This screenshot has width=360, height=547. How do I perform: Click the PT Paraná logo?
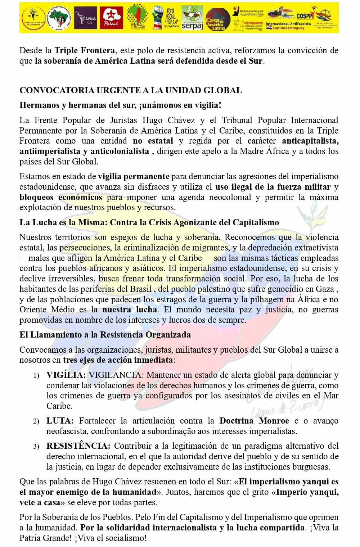pos(111,18)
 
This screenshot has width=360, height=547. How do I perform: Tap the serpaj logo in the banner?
pos(192,18)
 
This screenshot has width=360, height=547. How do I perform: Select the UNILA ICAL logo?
pos(86,18)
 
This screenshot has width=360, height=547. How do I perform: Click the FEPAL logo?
pos(138,18)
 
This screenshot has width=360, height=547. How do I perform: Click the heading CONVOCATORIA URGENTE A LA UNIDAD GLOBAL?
pos(131,90)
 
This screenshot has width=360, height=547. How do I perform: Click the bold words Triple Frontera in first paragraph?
pos(85,50)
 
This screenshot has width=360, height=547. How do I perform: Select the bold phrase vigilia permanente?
pos(134,176)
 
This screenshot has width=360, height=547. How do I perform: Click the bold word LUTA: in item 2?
pos(60,421)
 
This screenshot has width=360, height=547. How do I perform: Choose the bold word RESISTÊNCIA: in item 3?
pos(78,446)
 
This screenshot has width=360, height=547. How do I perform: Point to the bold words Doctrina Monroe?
pos(254,421)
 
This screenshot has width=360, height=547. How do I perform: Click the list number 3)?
pos(36,447)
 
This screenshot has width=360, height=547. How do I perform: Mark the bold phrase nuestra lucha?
pos(130,310)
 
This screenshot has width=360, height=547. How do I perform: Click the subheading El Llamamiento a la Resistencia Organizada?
pos(105,335)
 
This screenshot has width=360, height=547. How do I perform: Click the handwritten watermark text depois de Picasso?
pos(288,407)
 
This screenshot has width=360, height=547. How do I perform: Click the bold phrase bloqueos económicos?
pos(60,197)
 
